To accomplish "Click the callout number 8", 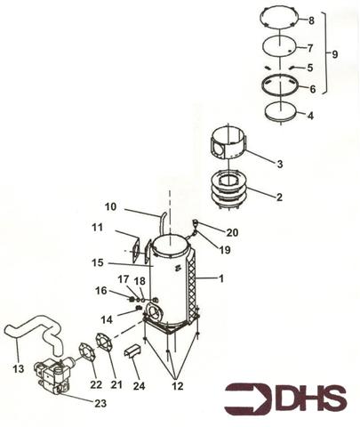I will [x=312, y=20].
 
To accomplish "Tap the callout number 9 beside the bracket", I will [x=334, y=53].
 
